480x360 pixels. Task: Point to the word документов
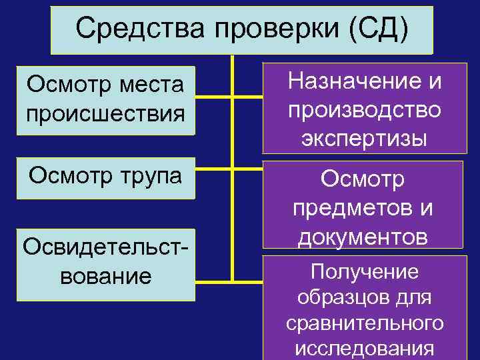[364, 236]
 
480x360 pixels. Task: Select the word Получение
[364, 271]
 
